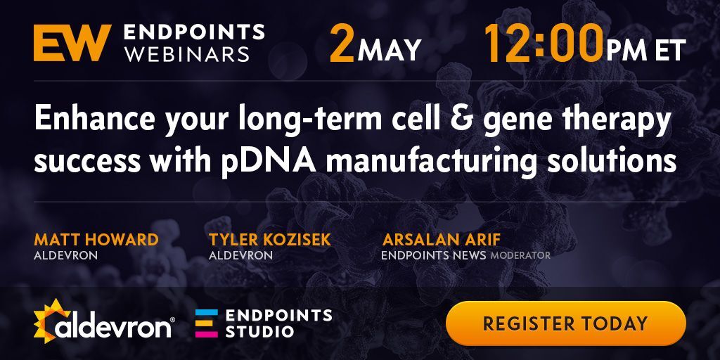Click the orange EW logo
[72, 43]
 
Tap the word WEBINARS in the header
[187, 53]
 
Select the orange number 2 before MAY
[342, 44]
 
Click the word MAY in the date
[390, 50]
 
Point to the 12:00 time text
[544, 44]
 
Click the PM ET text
[646, 50]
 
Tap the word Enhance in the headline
[91, 120]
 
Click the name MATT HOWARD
[96, 239]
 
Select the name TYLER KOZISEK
[269, 239]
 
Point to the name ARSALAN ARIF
[441, 239]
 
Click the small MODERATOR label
[520, 255]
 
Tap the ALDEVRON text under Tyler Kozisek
[240, 255]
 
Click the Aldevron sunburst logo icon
[51, 320]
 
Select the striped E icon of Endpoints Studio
[206, 323]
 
